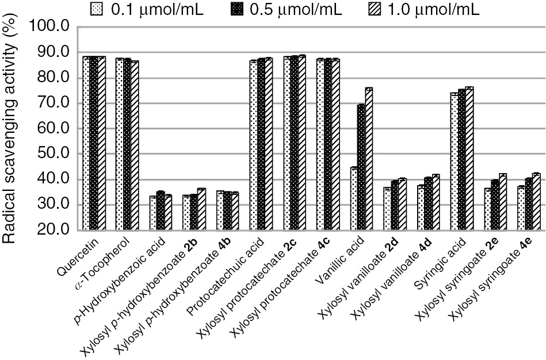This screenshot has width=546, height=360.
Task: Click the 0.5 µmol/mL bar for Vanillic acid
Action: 361,167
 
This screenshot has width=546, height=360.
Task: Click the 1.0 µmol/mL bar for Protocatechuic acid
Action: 269,144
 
